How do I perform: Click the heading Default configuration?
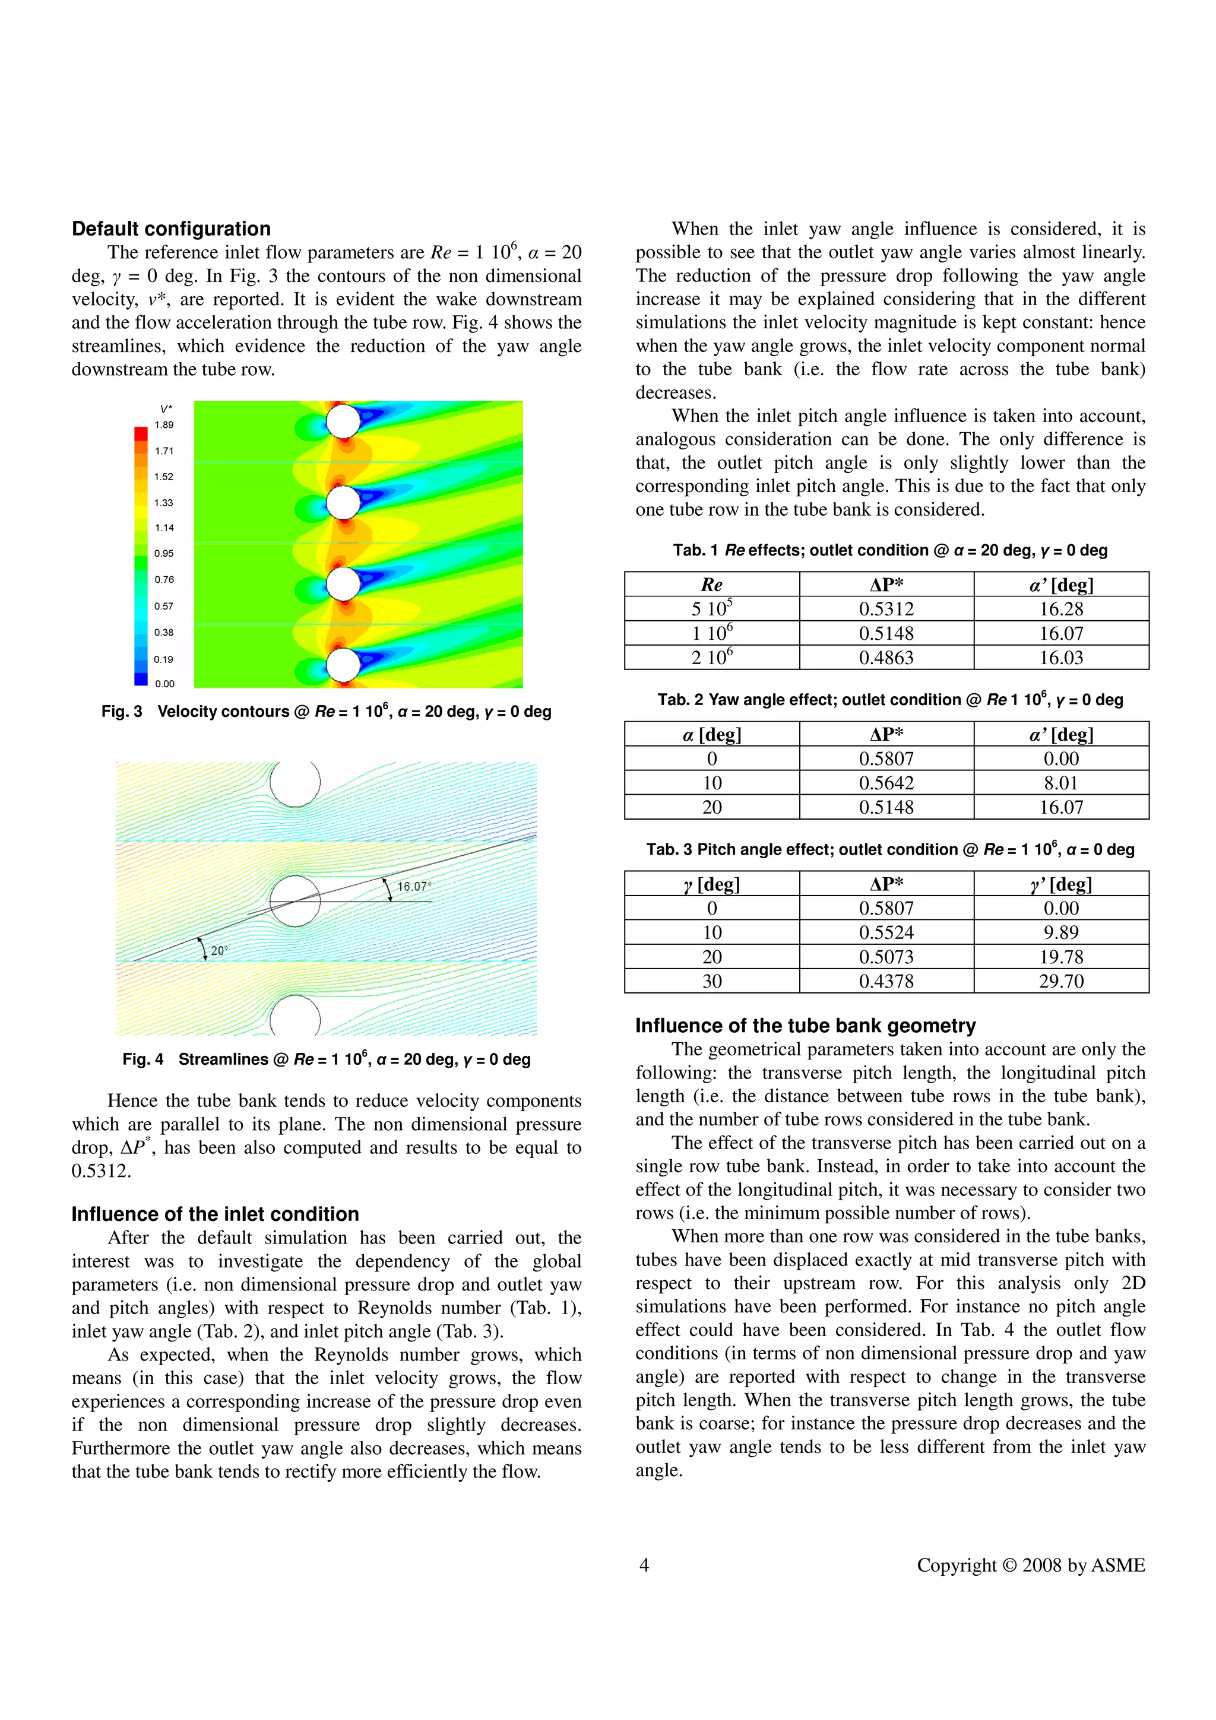(171, 229)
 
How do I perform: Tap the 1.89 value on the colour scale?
(164, 425)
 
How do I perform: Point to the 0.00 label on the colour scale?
(164, 683)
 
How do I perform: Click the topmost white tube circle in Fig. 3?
(344, 421)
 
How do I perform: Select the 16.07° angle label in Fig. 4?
(414, 886)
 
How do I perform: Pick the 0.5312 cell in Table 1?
(886, 609)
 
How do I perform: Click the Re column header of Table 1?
(711, 585)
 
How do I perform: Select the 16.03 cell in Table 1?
(1061, 658)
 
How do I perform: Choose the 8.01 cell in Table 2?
(1061, 783)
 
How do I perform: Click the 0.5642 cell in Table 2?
(886, 783)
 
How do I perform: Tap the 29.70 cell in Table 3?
(1061, 980)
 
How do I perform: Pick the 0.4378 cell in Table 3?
(886, 980)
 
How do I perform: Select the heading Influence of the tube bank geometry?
(806, 1026)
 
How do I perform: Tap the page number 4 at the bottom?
(644, 1565)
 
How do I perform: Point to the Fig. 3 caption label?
(121, 712)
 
